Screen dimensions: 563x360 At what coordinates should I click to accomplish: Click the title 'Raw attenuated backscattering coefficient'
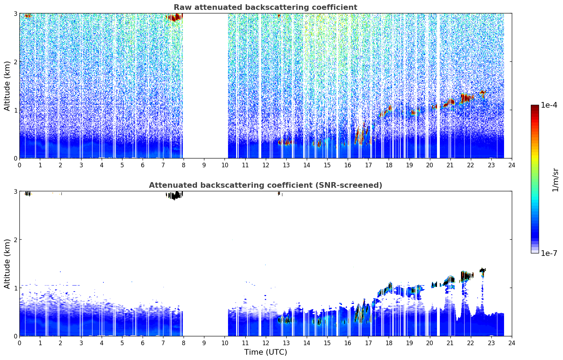pos(265,7)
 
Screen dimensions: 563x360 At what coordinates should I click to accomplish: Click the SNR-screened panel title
pos(265,185)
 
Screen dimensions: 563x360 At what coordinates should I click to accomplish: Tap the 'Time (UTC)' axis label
pos(265,352)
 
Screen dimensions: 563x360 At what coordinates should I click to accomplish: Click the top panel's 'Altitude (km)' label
pos(7,86)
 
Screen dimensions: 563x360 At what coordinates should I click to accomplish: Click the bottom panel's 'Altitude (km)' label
pos(7,264)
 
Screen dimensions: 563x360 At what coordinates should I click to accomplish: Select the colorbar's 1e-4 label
pos(549,105)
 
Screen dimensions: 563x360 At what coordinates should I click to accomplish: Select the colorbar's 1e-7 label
pos(549,253)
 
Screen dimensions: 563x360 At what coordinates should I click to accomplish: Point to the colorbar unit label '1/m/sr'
pos(555,180)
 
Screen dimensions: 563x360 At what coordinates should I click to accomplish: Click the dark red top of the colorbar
pos(535,107)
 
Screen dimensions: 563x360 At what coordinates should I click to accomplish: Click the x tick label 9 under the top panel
pos(204,165)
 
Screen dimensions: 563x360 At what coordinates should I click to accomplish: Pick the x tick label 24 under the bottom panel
pos(512,343)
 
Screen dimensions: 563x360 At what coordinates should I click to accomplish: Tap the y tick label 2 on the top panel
pos(15,62)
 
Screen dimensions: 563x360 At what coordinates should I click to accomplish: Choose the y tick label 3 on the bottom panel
pos(15,191)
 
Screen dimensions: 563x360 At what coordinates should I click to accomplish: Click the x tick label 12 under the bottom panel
pos(266,343)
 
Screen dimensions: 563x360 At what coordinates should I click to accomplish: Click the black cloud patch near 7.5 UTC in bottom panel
pos(174,195)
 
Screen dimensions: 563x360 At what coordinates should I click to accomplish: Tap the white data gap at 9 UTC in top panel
pos(205,86)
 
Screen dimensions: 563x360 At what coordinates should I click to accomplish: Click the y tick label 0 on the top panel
pos(15,158)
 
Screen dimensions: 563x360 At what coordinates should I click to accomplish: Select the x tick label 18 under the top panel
pos(389,165)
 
